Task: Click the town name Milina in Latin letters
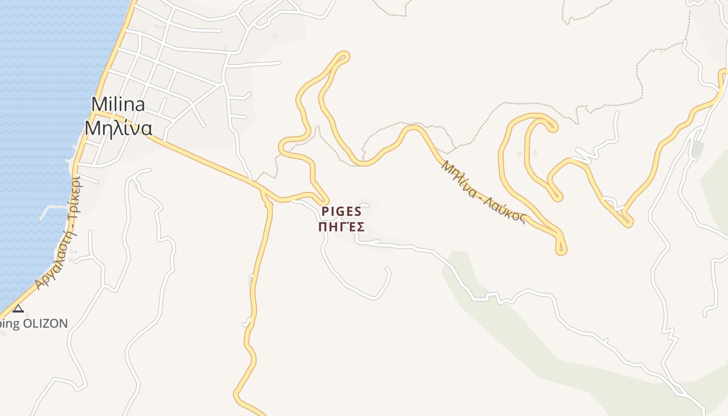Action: (x=118, y=105)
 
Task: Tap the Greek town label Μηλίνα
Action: (x=118, y=128)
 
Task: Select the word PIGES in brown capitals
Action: (x=341, y=211)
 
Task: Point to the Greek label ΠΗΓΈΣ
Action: (x=341, y=227)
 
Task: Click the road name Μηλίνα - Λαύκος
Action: (x=483, y=192)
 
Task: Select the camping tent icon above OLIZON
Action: (x=18, y=309)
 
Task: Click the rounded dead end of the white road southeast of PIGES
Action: (x=387, y=270)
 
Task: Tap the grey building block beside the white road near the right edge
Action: (x=697, y=149)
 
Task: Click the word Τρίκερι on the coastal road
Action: (x=75, y=198)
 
